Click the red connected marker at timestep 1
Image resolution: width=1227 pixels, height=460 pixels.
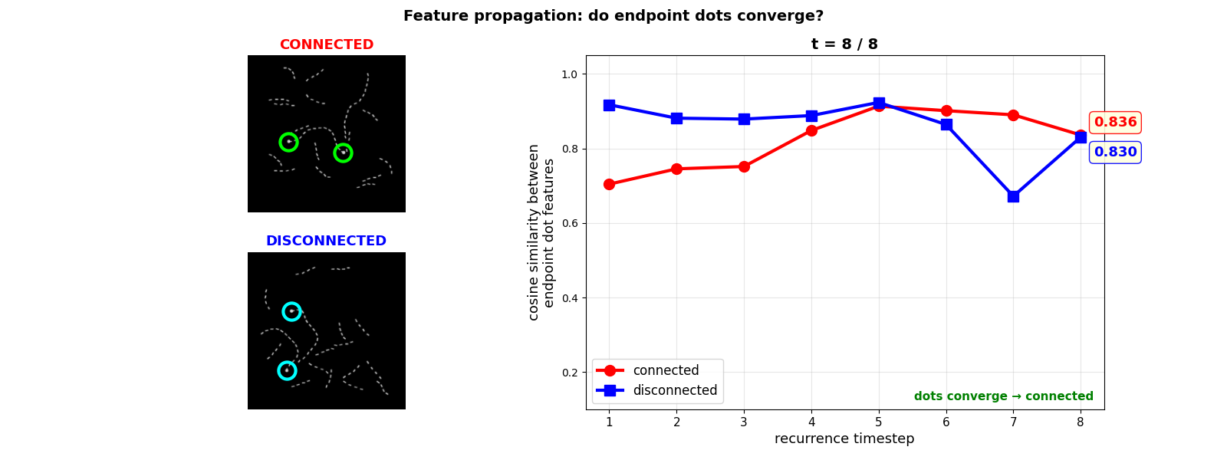pos(609,184)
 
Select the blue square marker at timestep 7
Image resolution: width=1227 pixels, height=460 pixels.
pos(1013,196)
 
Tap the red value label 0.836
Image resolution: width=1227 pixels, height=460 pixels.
pos(1115,123)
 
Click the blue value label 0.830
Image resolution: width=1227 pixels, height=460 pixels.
pos(1115,153)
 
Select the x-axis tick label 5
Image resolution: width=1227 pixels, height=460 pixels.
pos(879,422)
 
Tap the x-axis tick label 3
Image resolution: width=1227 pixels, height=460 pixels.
pos(744,422)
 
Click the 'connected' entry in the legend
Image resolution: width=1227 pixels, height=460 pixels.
pos(666,371)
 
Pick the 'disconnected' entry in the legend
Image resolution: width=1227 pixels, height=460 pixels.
pos(675,390)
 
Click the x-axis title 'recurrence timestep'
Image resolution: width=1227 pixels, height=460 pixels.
pos(844,439)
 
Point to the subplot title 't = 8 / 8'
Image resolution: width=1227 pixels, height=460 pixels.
pos(844,44)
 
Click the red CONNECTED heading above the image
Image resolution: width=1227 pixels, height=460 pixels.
pos(327,45)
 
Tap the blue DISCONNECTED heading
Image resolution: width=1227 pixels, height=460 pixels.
pos(327,241)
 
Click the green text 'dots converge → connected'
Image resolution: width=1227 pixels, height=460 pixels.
pos(1003,396)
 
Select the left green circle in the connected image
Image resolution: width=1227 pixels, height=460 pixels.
pos(288,142)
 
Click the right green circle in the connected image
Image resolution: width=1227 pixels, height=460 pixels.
pos(343,153)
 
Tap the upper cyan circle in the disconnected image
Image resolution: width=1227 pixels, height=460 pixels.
pos(291,311)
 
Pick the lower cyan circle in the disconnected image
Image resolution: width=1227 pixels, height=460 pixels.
pos(287,370)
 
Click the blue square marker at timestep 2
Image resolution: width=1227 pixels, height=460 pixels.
pos(676,118)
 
